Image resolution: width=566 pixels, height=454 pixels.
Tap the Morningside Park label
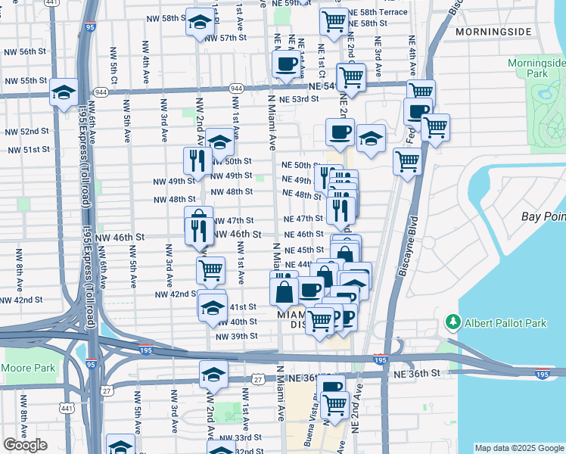pyautogui.click(x=537, y=68)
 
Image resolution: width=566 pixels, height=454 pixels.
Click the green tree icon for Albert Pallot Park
pyautogui.click(x=453, y=323)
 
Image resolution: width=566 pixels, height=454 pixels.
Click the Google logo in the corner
pyautogui.click(x=25, y=445)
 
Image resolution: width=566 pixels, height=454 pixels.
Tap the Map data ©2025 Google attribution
pyautogui.click(x=519, y=448)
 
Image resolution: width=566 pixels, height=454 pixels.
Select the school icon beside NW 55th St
pyautogui.click(x=64, y=93)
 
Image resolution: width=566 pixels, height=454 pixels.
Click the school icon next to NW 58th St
pyautogui.click(x=200, y=25)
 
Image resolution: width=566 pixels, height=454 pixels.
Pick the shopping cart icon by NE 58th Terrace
pyautogui.click(x=334, y=22)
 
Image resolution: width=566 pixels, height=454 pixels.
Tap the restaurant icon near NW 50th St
pyautogui.click(x=195, y=160)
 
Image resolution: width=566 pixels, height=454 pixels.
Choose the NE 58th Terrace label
pyautogui.click(x=383, y=12)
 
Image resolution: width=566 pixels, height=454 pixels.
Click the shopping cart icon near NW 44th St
pyautogui.click(x=210, y=269)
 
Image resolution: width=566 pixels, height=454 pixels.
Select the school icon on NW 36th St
pyautogui.click(x=213, y=375)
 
